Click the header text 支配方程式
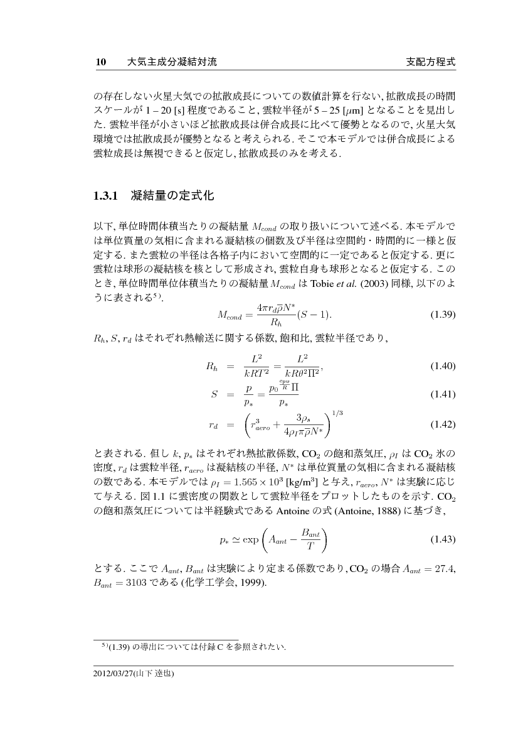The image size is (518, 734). (x=430, y=63)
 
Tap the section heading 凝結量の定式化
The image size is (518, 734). (x=173, y=197)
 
